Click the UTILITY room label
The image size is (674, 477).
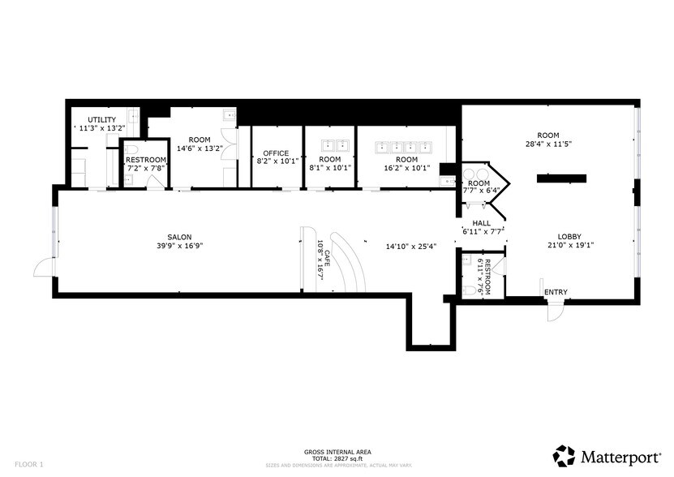[101, 119]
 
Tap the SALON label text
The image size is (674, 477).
[179, 237]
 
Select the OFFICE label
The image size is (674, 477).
[276, 153]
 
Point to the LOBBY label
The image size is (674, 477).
[569, 237]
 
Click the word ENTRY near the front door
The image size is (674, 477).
[556, 292]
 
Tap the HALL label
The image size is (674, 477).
[482, 222]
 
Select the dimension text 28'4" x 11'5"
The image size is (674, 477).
[548, 144]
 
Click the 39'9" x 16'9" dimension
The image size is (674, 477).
[179, 246]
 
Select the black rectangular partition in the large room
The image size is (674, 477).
[560, 178]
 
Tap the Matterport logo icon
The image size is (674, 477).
[565, 454]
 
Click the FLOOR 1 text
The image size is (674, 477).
[28, 464]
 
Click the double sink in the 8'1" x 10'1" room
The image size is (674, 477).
[329, 146]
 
